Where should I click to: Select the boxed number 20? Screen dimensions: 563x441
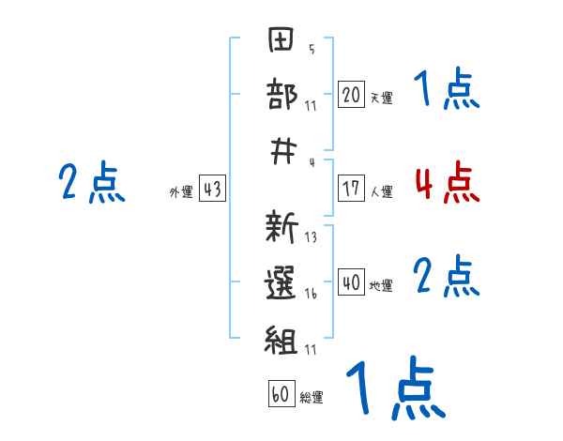pos(351,95)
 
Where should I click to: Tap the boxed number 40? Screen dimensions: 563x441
pos(351,282)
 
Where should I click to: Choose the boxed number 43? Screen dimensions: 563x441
pos(212,190)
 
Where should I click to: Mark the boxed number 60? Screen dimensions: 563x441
pos(281,395)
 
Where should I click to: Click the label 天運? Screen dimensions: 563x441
pos(381,98)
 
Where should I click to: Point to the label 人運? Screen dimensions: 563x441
pos(381,191)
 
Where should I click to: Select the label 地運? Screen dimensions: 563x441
pos(381,285)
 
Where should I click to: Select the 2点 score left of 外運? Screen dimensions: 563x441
pos(92,183)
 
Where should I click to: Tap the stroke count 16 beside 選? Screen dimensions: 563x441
pos(311,292)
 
